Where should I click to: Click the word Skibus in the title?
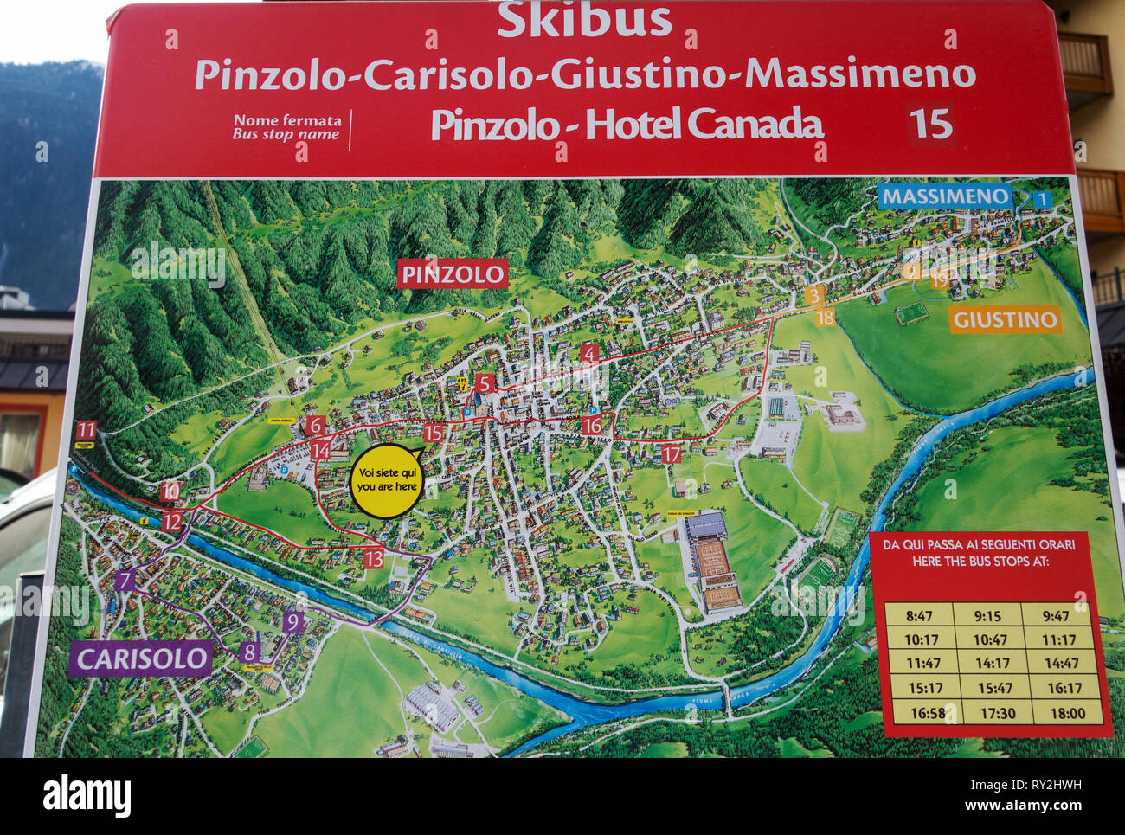click(584, 20)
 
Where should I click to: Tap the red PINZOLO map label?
click(453, 275)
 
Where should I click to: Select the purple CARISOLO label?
click(140, 659)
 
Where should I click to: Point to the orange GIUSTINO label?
click(1004, 320)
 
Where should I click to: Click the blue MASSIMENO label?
click(945, 196)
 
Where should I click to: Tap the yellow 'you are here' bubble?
click(386, 481)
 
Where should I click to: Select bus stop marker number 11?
click(86, 430)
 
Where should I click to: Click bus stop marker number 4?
click(589, 353)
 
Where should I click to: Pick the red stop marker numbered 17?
click(671, 453)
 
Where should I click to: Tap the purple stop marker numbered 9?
click(292, 621)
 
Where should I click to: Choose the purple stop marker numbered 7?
click(126, 581)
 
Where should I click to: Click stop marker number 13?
click(373, 558)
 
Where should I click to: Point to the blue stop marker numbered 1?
click(1043, 200)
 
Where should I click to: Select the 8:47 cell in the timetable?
click(918, 616)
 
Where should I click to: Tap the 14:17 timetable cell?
click(992, 664)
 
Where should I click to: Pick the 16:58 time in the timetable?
click(918, 713)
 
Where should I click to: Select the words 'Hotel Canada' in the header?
click(704, 125)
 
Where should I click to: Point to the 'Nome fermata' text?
click(287, 120)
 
